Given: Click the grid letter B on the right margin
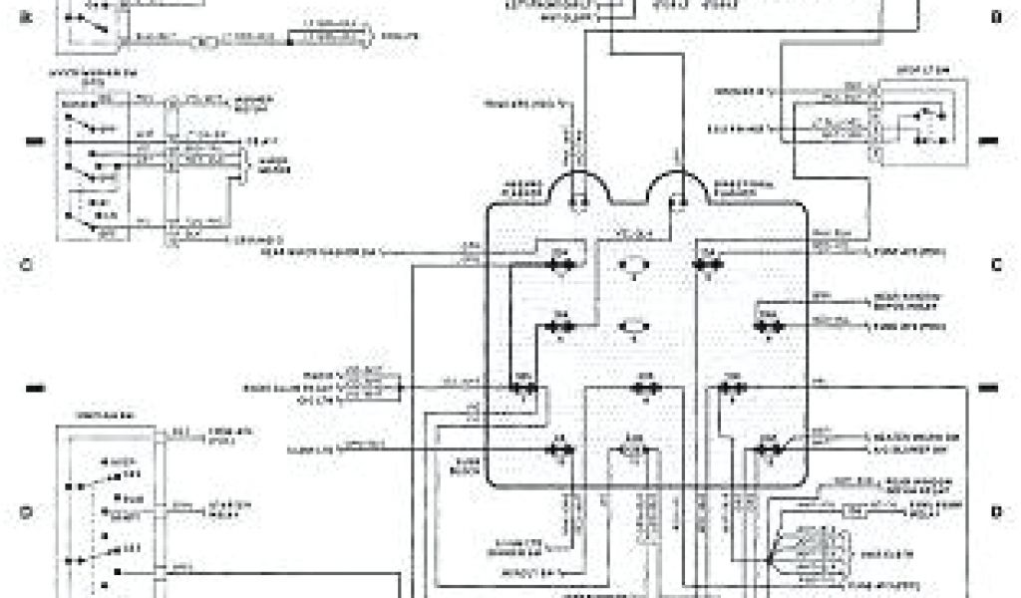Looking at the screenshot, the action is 995,17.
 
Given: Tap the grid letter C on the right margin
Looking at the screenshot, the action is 995,265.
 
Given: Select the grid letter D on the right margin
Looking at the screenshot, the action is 995,512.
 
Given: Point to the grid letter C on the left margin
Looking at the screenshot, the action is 27,265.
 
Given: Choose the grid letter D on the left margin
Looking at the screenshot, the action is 27,512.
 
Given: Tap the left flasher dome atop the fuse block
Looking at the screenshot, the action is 577,189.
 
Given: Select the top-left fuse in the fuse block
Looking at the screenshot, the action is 561,264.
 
